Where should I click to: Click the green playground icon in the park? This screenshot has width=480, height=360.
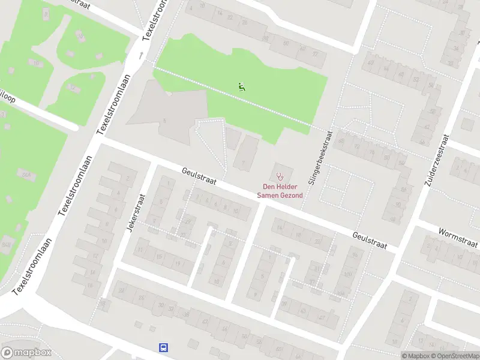point(242,86)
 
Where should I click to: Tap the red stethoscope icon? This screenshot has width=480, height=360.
point(280,176)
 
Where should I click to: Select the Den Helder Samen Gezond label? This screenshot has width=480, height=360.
point(280,191)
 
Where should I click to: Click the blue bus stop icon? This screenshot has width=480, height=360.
point(163,347)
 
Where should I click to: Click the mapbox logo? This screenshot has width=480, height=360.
point(25,352)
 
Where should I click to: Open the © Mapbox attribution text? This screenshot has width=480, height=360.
point(416,356)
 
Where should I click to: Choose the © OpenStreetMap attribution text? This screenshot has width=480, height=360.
point(455,356)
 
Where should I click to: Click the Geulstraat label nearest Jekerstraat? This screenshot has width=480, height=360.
point(199,176)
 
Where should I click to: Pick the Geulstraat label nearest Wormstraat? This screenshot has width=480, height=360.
point(370,241)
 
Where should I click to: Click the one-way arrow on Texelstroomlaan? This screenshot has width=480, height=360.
point(142,55)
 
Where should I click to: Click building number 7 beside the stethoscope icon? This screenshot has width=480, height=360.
point(243,163)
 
